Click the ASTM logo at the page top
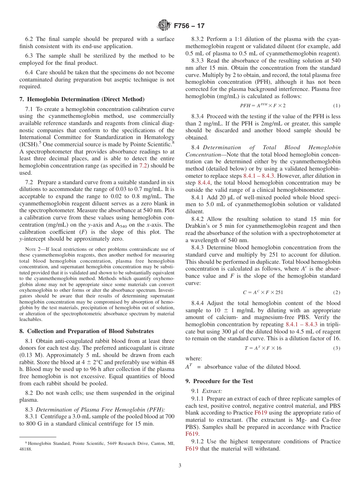[164, 26]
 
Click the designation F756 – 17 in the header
[189, 26]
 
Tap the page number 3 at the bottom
[180, 466]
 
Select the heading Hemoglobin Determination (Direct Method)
[81, 99]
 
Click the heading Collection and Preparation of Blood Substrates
[86, 331]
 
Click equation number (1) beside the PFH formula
[337, 105]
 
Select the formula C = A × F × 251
[263, 292]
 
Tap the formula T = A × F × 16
[263, 348]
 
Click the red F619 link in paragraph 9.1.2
[192, 449]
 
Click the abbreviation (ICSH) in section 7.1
[29, 144]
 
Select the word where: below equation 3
[194, 358]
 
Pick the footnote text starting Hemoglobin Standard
[97, 443]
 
